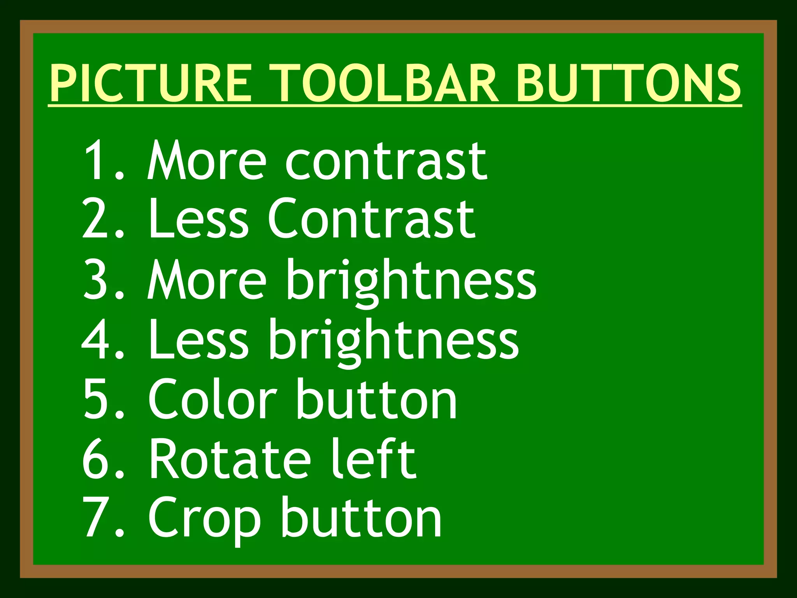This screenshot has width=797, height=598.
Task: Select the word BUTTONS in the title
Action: click(x=628, y=83)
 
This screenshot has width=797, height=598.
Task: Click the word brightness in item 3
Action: click(x=412, y=282)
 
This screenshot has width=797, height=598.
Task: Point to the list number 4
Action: click(x=97, y=339)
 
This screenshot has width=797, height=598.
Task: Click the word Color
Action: click(x=212, y=399)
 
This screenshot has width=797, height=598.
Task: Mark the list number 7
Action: click(x=97, y=518)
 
